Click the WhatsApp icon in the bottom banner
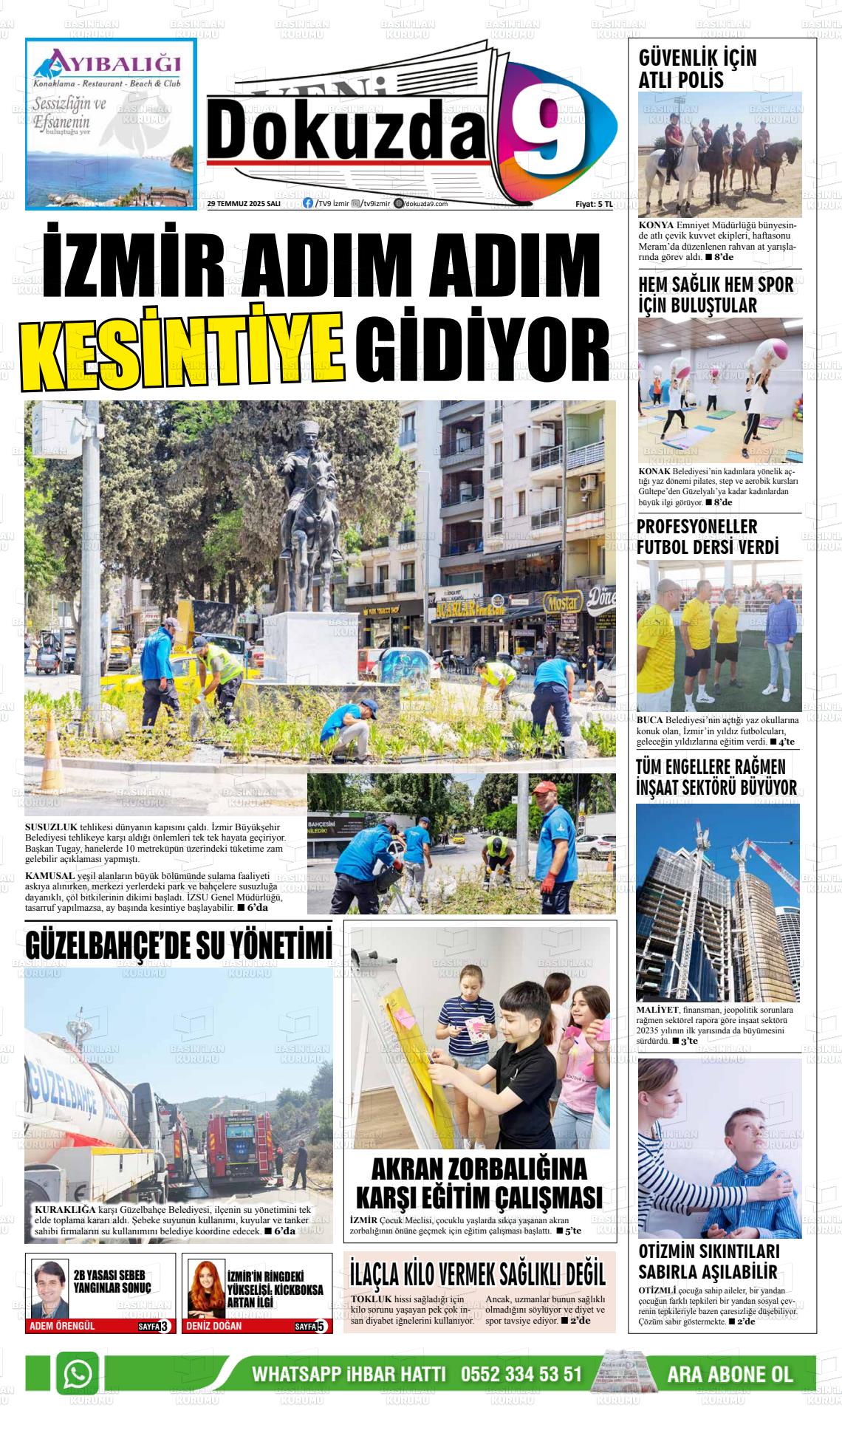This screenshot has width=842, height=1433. (78, 1373)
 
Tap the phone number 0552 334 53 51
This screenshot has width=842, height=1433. (521, 1375)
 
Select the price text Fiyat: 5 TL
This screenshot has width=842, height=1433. (594, 205)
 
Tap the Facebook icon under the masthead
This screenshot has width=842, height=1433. (308, 204)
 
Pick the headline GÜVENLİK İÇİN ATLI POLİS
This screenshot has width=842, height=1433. (697, 69)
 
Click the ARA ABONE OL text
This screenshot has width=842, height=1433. (729, 1375)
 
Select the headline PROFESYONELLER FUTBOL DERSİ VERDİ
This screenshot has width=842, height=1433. (707, 537)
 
